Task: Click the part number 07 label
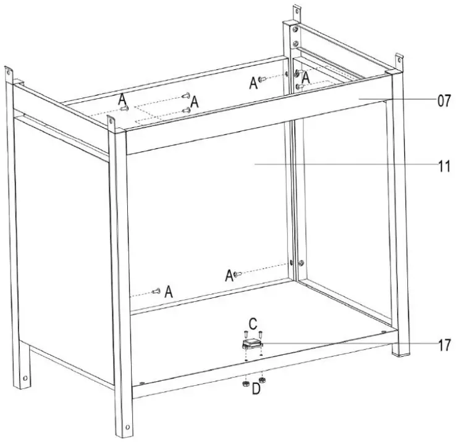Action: (x=444, y=101)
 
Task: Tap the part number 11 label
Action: (x=444, y=166)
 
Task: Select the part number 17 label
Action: (x=444, y=346)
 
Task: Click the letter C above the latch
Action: (x=253, y=323)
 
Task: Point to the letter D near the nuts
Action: (x=256, y=389)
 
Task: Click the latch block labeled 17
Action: (x=253, y=344)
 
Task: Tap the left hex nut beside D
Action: (x=245, y=384)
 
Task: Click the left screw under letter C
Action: (x=245, y=334)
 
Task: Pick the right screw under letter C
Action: (x=261, y=334)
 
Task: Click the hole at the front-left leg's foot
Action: (x=127, y=427)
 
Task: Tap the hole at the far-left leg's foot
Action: (x=25, y=378)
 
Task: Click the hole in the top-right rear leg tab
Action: (x=399, y=61)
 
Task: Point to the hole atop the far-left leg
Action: (x=9, y=72)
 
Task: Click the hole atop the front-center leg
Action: (x=111, y=121)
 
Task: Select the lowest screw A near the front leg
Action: (x=156, y=291)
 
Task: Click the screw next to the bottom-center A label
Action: (x=238, y=273)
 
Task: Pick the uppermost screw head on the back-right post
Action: (x=295, y=29)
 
